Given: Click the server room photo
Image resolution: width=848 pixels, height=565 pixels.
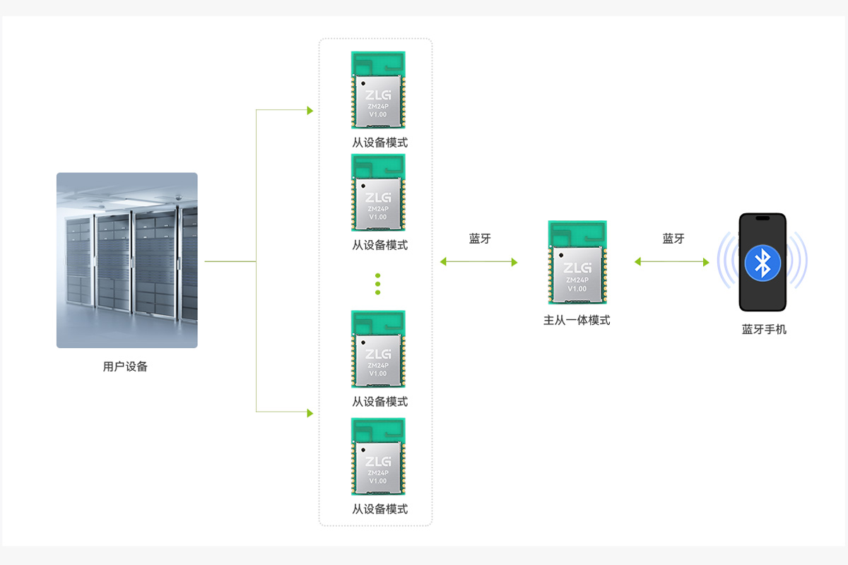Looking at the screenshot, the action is click(126, 261).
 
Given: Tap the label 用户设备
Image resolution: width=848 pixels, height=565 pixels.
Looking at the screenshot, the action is click(125, 367).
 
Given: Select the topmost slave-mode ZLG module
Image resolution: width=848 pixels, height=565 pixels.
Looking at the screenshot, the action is click(378, 90).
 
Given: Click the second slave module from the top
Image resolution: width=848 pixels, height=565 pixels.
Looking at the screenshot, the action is click(378, 192).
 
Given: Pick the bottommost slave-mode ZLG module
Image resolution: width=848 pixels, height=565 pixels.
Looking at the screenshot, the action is click(378, 456).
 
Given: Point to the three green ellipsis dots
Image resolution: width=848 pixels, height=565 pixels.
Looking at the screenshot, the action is click(377, 284).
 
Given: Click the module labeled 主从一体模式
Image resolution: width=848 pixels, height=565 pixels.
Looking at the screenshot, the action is click(577, 262).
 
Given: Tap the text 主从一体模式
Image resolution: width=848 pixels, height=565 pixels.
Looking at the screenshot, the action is click(577, 321).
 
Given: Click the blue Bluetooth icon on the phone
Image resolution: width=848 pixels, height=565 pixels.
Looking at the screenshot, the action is click(762, 263).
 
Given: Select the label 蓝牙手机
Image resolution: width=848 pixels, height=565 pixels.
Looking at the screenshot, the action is click(764, 330).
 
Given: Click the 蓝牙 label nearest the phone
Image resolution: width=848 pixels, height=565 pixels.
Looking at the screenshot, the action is click(673, 239).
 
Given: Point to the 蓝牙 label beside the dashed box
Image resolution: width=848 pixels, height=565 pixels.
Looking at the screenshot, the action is click(480, 239).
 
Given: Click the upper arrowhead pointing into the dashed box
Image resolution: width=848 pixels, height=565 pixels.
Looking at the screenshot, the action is click(310, 110).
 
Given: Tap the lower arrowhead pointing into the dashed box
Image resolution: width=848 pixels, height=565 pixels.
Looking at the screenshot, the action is click(310, 413).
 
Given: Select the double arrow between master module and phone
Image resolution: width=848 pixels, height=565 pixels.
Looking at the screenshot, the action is click(671, 262).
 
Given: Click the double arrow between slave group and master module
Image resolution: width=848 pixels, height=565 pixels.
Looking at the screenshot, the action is click(478, 262).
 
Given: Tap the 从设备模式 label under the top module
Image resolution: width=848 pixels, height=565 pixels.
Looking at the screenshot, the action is click(379, 143).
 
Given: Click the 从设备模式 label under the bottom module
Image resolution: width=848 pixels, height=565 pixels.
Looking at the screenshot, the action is click(379, 509).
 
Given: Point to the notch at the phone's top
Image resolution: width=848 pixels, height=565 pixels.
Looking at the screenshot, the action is click(762, 218).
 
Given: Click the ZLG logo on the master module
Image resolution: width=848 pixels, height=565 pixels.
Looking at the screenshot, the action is click(577, 268).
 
